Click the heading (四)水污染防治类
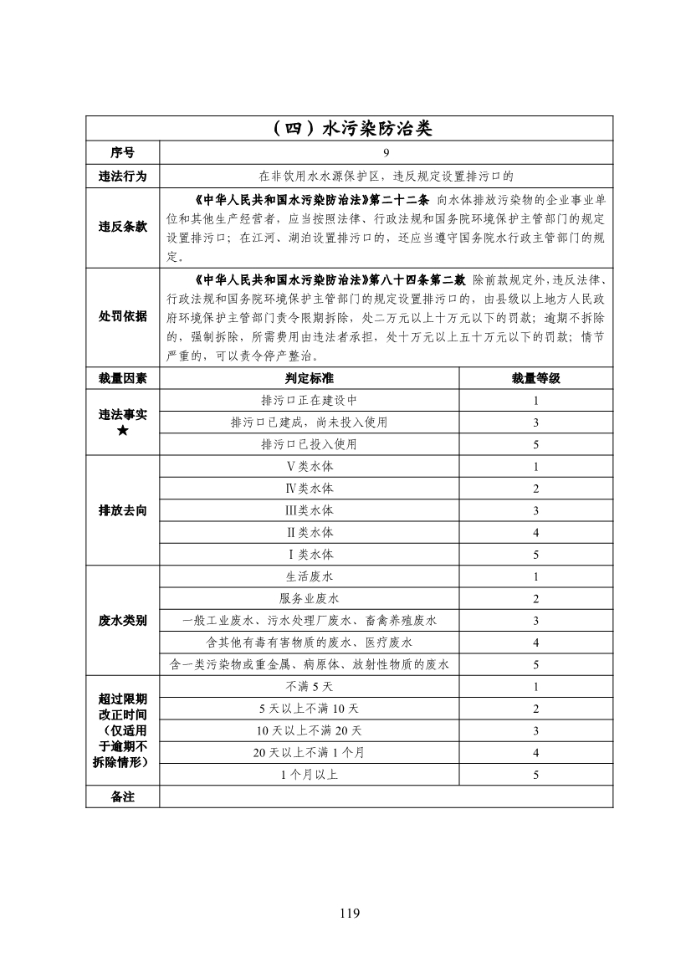tap(350, 129)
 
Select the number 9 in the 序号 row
tap(386, 153)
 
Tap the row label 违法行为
tap(122, 176)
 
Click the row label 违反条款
tap(122, 227)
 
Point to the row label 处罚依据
tap(122, 315)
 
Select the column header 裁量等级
tap(535, 378)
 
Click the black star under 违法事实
tap(122, 431)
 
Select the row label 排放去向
tap(122, 510)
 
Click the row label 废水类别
tap(122, 620)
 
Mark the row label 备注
tap(122, 796)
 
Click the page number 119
tap(350, 913)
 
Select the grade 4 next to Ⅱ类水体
tap(535, 533)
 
